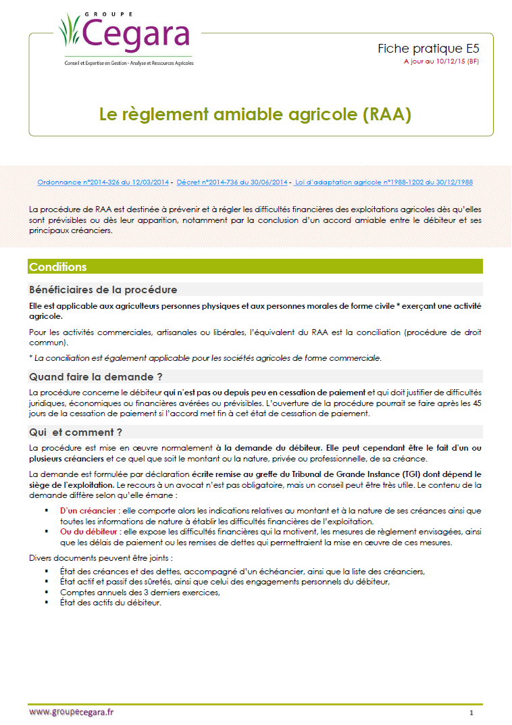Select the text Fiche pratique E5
[428, 49]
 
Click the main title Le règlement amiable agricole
[255, 114]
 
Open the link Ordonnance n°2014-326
[103, 182]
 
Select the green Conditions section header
[58, 267]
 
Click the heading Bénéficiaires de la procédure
[103, 290]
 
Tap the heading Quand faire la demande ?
[95, 376]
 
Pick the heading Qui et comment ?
[75, 432]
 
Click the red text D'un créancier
[86, 511]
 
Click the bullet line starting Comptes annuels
[140, 593]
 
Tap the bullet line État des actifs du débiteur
[111, 603]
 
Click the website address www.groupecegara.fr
[72, 712]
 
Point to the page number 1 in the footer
[471, 713]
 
